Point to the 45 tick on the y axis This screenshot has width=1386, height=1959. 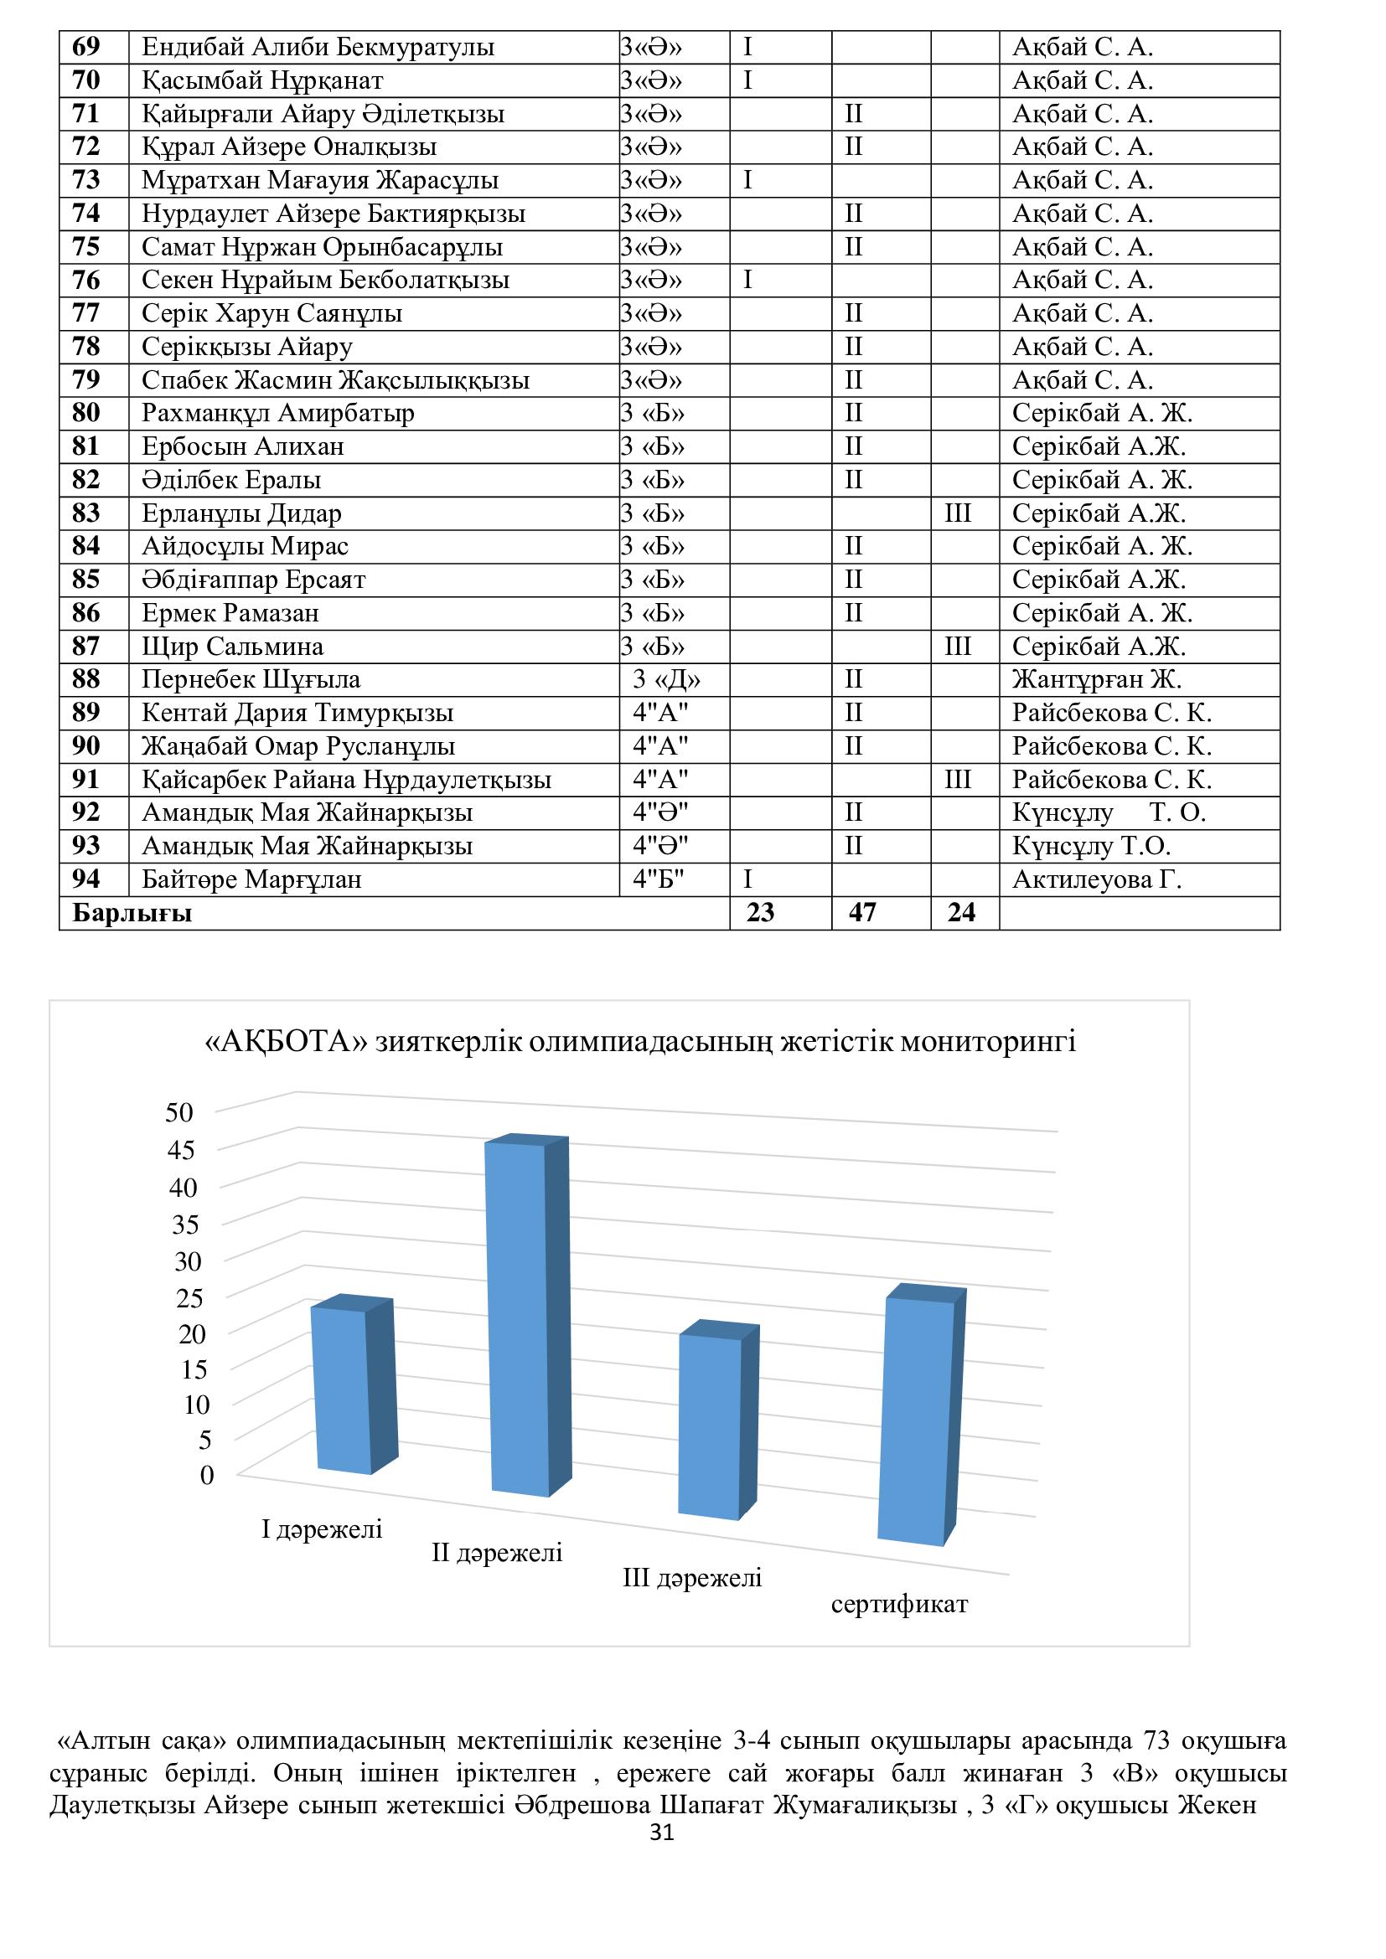click(x=181, y=1150)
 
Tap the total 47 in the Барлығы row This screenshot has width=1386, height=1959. click(x=862, y=913)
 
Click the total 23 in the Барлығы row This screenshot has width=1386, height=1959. click(x=760, y=913)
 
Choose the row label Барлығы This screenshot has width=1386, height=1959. click(x=132, y=913)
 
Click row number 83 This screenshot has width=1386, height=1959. click(x=86, y=513)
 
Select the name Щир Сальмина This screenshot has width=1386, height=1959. click(x=232, y=646)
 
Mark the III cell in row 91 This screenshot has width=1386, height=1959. click(x=958, y=779)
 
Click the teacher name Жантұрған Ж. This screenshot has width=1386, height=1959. click(x=1097, y=679)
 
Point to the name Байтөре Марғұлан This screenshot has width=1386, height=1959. click(x=251, y=879)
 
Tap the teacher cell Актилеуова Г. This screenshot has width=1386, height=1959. click(x=1097, y=879)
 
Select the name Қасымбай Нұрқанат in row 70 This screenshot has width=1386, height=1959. click(x=262, y=80)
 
